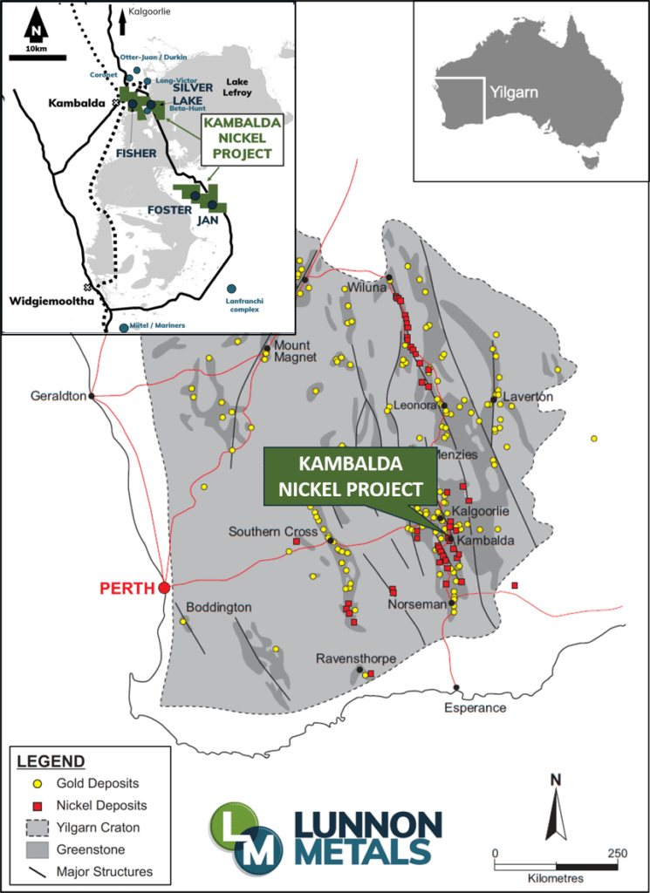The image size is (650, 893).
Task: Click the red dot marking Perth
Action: [x=164, y=588]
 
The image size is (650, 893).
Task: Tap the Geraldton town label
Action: [x=58, y=395]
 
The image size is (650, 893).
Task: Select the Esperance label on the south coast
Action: [x=475, y=707]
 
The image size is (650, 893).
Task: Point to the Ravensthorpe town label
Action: [x=356, y=658]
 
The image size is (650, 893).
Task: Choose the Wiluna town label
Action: [x=367, y=288]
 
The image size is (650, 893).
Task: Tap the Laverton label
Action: [x=528, y=397]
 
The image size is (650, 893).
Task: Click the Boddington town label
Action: [x=218, y=607]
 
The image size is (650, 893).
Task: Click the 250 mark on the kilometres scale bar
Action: [x=616, y=852]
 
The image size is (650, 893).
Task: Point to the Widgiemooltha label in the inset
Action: [x=49, y=302]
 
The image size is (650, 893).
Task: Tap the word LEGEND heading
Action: [x=51, y=760]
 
